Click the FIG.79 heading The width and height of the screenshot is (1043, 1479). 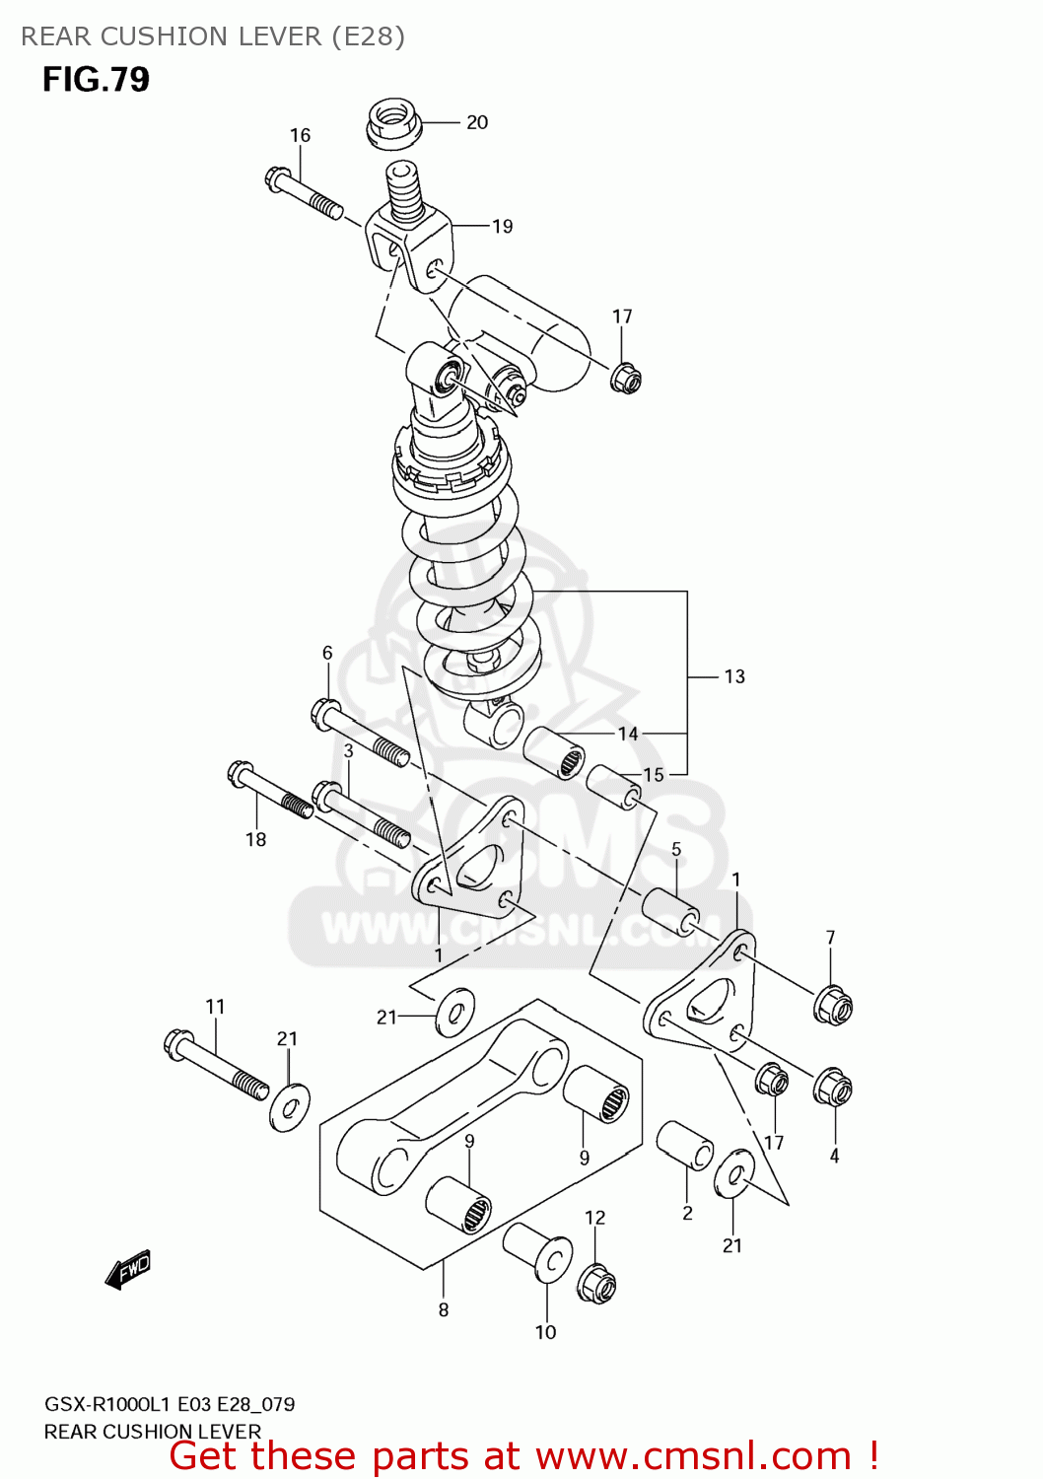pyautogui.click(x=96, y=79)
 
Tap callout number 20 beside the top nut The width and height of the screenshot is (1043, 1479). pyautogui.click(x=477, y=122)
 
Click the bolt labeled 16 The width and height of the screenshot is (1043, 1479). pyautogui.click(x=304, y=194)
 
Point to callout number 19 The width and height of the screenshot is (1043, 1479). pyautogui.click(x=503, y=226)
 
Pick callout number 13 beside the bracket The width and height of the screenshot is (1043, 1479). pyautogui.click(x=734, y=676)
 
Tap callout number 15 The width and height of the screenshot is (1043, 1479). pyautogui.click(x=654, y=775)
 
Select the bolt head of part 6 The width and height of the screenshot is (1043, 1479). pyautogui.click(x=327, y=711)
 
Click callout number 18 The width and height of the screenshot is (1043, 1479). pyautogui.click(x=255, y=839)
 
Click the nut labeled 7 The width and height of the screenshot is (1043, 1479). pyautogui.click(x=832, y=1005)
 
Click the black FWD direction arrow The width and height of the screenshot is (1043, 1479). pyautogui.click(x=128, y=1271)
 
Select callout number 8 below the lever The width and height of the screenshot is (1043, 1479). pyautogui.click(x=444, y=1309)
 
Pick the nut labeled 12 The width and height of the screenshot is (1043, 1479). pyautogui.click(x=596, y=1283)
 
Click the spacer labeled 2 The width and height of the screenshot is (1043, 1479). pyautogui.click(x=685, y=1146)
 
